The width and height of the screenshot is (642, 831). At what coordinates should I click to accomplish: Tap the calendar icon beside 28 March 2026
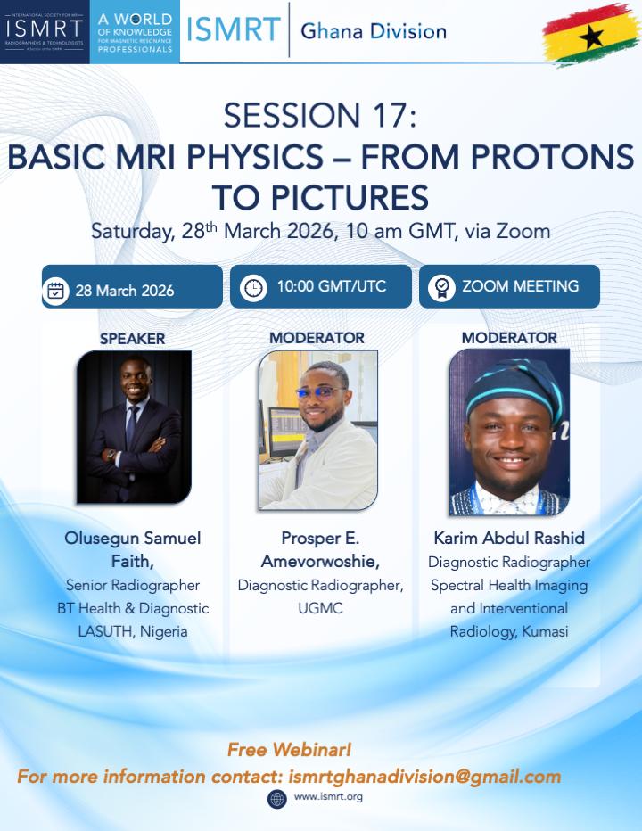point(55,291)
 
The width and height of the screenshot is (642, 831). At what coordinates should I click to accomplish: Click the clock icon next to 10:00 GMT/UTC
point(253,287)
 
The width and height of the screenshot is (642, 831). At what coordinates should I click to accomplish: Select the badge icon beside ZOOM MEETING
point(441,288)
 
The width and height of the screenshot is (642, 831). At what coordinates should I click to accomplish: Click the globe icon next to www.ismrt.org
point(277,799)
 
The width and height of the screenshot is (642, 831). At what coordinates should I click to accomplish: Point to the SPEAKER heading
point(133,339)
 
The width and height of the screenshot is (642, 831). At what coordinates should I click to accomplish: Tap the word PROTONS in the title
point(553,157)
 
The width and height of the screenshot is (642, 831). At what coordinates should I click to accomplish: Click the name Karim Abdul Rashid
point(509,538)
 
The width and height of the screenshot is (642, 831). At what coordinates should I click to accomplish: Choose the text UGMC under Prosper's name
point(320,608)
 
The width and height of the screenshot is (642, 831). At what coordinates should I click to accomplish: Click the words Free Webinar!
point(289,749)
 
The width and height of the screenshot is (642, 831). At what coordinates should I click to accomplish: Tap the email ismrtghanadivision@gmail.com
point(424,777)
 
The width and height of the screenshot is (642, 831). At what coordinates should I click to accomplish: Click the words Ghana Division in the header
point(374,31)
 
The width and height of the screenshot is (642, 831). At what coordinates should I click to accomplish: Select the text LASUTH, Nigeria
point(133,632)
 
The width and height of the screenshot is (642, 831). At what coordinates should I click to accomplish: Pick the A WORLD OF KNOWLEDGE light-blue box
point(135,32)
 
